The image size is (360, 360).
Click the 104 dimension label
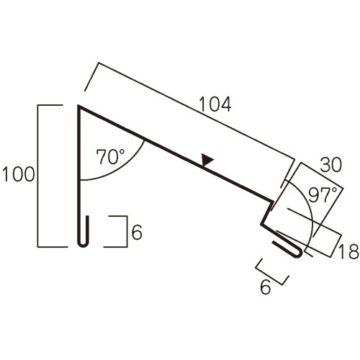click(215, 104)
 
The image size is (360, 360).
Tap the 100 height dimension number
click(19, 174)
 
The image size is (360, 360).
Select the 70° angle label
click(110, 156)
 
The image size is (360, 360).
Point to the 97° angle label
click(323, 195)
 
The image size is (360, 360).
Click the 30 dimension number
click(330, 165)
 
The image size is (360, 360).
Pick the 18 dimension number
click(348, 251)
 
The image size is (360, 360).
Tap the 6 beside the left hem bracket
click(137, 232)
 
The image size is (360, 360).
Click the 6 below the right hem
click(265, 287)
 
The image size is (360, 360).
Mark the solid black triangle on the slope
click(207, 160)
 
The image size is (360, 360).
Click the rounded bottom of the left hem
click(84, 245)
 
